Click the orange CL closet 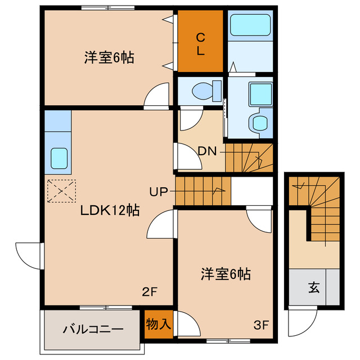tap(200, 42)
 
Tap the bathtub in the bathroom tap(250, 25)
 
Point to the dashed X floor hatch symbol tap(61, 191)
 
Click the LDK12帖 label tap(110, 210)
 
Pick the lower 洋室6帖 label tap(226, 274)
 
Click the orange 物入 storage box tap(158, 325)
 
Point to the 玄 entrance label tap(313, 289)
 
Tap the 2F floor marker tap(148, 292)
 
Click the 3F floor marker tap(261, 325)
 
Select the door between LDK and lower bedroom tap(161, 226)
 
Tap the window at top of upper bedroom tap(107, 8)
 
